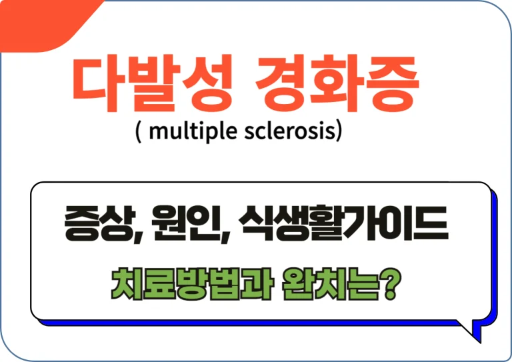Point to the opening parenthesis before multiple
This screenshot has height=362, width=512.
[138, 132]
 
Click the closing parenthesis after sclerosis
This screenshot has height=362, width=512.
[339, 132]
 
